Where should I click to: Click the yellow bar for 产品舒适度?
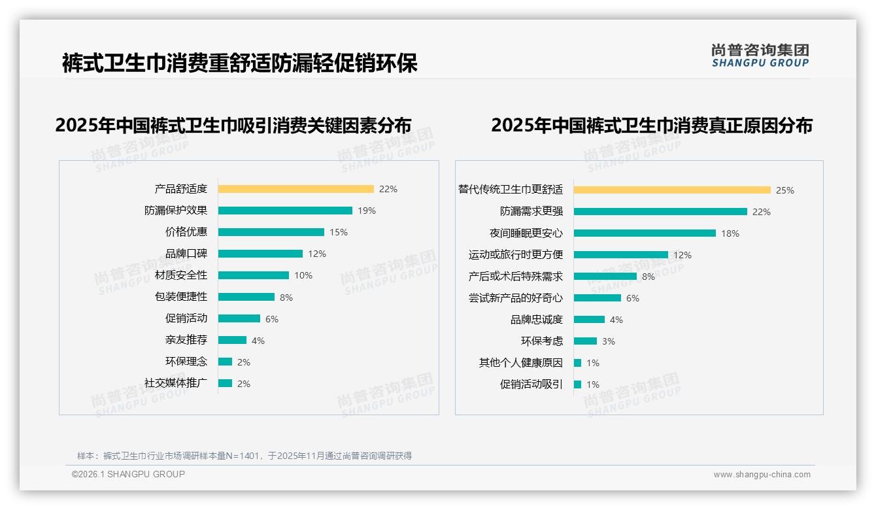[x=295, y=189]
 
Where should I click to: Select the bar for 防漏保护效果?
[x=285, y=211]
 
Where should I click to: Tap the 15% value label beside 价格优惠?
[x=339, y=232]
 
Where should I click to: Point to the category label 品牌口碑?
[x=186, y=254]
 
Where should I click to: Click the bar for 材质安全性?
[x=253, y=275]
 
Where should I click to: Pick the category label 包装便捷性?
[x=180, y=297]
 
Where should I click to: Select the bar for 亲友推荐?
[x=232, y=340]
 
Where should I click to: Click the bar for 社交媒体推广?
[x=225, y=383]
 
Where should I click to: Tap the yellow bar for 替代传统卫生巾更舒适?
[x=672, y=190]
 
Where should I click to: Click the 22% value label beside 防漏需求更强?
[x=762, y=212]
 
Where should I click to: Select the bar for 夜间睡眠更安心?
[x=645, y=233]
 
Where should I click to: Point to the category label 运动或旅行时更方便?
[x=515, y=255]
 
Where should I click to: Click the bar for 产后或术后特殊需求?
[x=605, y=277]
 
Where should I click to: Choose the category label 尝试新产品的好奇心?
[x=515, y=298]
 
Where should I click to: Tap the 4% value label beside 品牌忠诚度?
[x=616, y=320]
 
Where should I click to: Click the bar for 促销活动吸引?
[x=577, y=384]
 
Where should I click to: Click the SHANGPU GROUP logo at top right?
[x=760, y=56]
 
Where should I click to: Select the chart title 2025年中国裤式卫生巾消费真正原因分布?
[x=651, y=126]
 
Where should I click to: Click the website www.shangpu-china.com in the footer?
[x=762, y=475]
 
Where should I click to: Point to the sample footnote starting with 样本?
[x=244, y=456]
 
